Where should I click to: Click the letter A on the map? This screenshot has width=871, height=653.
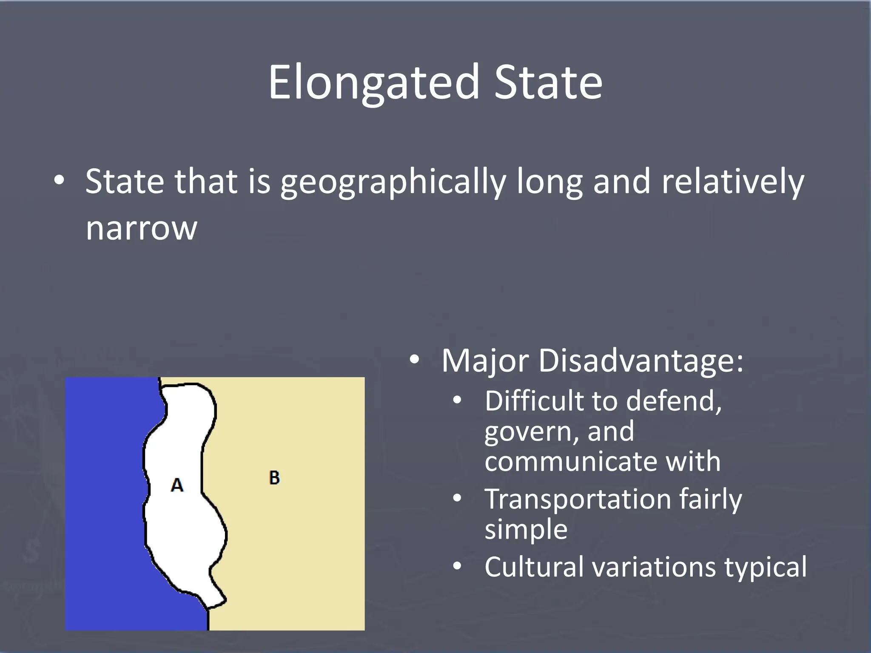click(x=177, y=485)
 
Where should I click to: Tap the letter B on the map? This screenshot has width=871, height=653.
click(x=274, y=478)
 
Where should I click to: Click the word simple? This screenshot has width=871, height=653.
click(x=526, y=529)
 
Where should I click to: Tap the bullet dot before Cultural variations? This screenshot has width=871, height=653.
click(x=457, y=567)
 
